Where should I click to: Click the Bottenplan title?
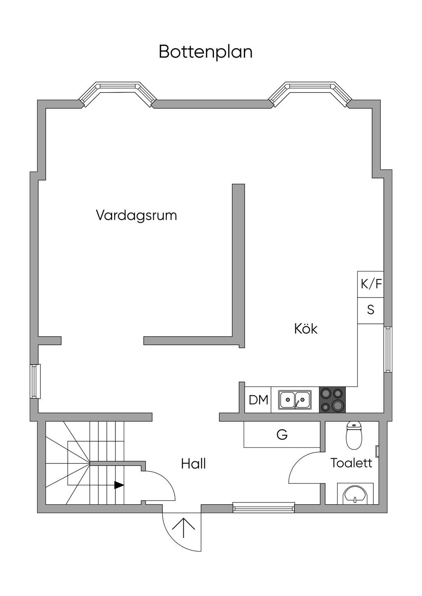205,52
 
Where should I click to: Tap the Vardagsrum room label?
136,215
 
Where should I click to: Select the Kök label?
306,328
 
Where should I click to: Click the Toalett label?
351,463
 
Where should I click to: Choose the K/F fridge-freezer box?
370,284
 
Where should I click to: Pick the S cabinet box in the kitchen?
370,310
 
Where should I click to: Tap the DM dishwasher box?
258,400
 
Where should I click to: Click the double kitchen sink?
295,400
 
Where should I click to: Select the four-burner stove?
332,400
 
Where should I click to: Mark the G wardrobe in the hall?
282,435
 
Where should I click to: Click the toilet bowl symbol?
354,435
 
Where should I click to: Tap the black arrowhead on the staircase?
119,485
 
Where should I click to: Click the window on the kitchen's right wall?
388,349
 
